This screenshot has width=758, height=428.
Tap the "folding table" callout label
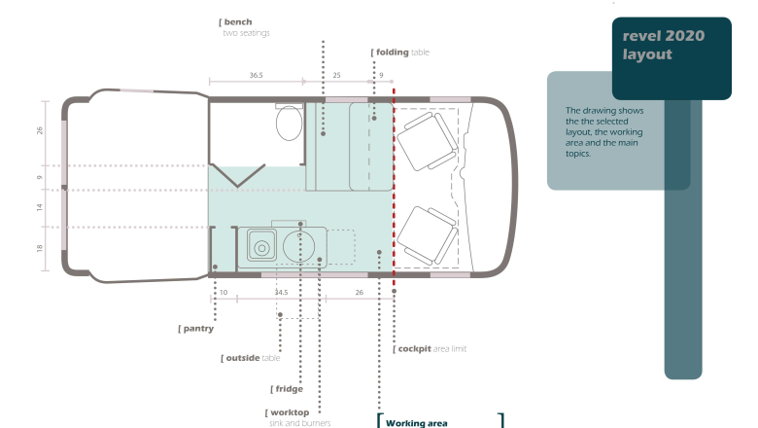point(400,53)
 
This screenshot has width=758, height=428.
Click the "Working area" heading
point(416,423)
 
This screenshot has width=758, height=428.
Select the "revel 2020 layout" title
point(663,45)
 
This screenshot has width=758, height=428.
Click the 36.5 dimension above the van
point(257,75)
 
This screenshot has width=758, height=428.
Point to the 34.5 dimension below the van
point(282,292)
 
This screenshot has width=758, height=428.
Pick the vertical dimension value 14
point(40,207)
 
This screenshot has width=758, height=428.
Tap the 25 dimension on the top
point(336,75)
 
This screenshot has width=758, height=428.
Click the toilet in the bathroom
point(289,122)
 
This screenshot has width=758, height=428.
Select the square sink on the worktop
point(261,246)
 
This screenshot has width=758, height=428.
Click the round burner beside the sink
point(298,246)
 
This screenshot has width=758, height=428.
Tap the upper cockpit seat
point(428,141)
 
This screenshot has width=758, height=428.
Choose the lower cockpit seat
point(428,235)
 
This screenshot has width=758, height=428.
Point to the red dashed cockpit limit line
point(394,189)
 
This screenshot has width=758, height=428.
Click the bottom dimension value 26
point(360,292)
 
